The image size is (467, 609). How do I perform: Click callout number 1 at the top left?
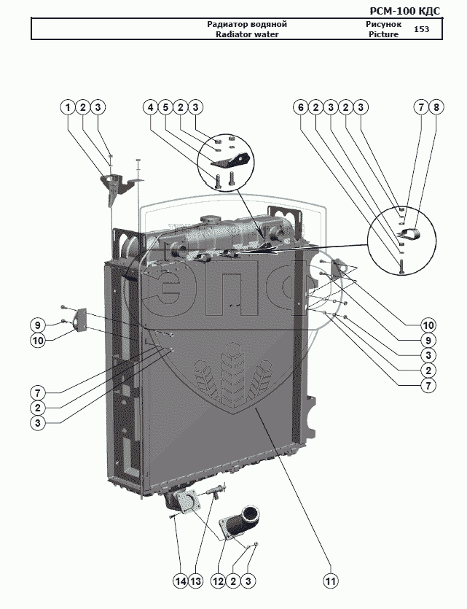tap(68, 107)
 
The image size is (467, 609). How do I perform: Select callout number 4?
tap(151, 107)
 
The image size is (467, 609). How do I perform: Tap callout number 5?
tap(165, 107)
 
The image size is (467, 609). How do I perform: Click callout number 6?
tap(301, 107)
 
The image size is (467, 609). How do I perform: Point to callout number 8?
tap(436, 107)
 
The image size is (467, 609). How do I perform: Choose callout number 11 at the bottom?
tap(330, 581)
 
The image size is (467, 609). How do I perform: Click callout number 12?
tap(218, 581)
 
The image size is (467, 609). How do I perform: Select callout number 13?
tap(196, 581)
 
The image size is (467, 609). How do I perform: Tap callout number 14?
tap(181, 581)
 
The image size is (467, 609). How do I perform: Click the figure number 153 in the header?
tap(422, 29)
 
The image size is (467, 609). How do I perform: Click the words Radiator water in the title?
tap(247, 34)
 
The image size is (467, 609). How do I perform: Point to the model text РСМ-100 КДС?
tap(405, 11)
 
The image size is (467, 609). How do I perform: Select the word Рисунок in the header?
tap(384, 24)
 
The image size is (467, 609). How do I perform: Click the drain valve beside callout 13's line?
tap(216, 491)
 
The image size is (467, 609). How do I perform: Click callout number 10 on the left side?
tap(38, 341)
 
